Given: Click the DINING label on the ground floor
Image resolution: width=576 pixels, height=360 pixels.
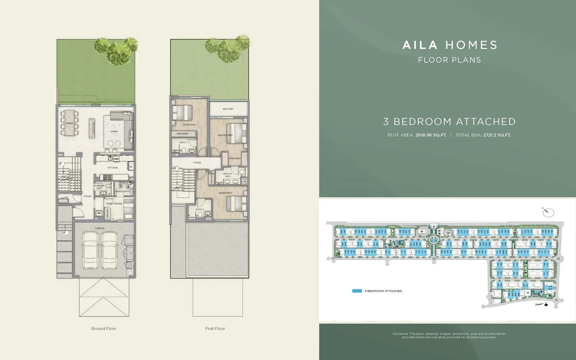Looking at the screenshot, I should point(70,123).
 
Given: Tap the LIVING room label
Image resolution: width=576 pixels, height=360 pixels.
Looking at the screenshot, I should point(114,131).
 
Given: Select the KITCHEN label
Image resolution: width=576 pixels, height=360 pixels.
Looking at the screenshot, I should point(113,168).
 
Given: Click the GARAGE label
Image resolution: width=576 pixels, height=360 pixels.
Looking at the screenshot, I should point(100,228).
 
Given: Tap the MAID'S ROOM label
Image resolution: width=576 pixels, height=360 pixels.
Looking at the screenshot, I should point(114,203).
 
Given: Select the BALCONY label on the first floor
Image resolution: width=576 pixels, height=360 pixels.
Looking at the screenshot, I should point(228,109).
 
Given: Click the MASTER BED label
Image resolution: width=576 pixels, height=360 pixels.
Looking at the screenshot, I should point(225,135).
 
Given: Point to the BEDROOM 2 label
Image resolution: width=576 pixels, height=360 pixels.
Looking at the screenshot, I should point(225,193).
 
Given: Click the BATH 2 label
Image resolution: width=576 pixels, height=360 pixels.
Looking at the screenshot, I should point(200,209).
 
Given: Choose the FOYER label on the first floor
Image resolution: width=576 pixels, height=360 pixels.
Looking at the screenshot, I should point(197,163).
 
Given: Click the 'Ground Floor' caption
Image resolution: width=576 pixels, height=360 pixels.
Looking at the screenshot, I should point(104,329).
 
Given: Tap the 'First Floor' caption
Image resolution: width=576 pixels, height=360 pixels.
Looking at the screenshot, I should point(215,329).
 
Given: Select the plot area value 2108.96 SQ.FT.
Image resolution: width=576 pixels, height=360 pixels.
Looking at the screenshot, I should point(431,135).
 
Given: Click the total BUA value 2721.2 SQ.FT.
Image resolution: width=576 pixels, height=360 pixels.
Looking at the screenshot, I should point(497,135).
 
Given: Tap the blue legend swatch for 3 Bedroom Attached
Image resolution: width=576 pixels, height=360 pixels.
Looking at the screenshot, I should point(357,291).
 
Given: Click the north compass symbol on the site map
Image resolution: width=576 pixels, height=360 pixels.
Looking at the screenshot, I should point(548,212).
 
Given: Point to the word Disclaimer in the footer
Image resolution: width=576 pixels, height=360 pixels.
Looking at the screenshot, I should point(400,334).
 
